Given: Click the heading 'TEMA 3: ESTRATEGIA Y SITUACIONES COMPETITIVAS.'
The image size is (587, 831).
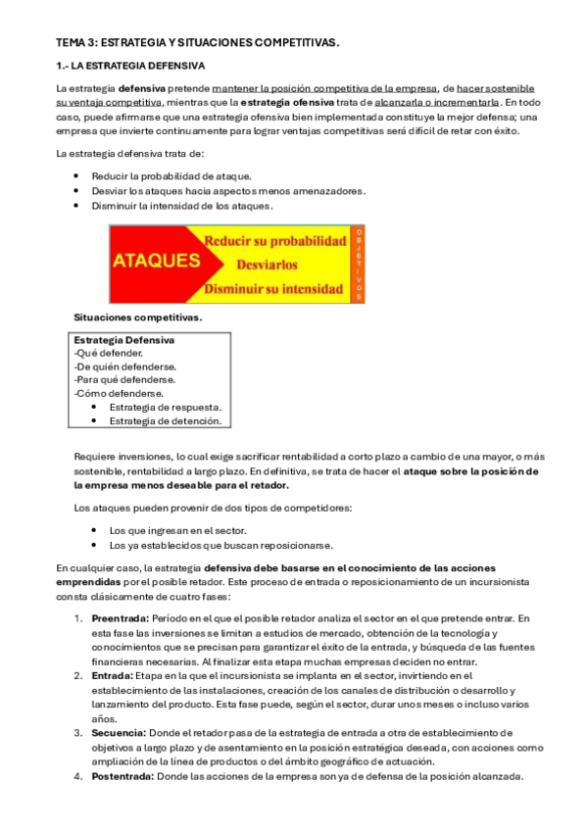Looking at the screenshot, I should [x=197, y=43].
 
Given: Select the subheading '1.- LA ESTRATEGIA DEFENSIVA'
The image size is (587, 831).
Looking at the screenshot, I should [x=130, y=66].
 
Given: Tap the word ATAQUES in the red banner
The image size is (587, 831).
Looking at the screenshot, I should [x=156, y=262].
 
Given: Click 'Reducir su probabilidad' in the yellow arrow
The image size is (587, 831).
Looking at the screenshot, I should [x=274, y=241].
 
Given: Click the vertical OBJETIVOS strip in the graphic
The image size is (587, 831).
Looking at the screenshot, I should [x=359, y=264].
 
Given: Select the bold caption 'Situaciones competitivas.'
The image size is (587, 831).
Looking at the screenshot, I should [x=138, y=318].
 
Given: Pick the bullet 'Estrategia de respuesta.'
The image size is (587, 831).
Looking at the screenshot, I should [x=165, y=407].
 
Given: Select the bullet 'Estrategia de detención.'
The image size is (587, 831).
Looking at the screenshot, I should [x=166, y=420].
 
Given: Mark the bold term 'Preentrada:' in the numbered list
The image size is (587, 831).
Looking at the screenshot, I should [x=120, y=618].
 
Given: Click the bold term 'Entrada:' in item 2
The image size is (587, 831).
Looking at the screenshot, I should [x=111, y=675].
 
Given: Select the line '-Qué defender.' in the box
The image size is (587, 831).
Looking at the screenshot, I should [x=108, y=353].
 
